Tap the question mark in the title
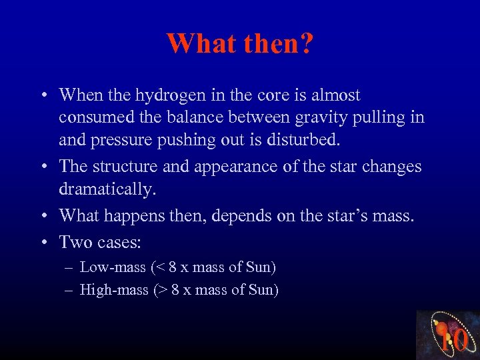(307, 43)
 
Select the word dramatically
(107, 189)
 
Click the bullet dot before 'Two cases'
(43, 242)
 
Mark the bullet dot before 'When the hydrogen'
(43, 96)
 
